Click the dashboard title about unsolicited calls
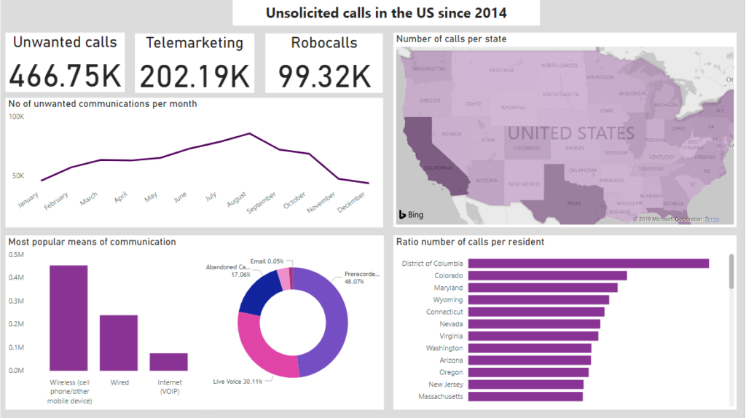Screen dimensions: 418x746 386,13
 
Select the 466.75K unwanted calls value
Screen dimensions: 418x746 65,76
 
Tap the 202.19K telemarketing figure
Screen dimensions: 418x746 195,76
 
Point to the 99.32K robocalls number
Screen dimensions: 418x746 324,76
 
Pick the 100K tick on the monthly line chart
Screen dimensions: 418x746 16,117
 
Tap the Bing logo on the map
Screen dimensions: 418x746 410,214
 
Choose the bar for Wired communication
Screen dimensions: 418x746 119,342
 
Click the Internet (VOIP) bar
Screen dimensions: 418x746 169,361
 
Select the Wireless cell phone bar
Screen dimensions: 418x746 68,318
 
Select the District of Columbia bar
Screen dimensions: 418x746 588,264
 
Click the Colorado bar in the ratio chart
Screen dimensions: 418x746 547,276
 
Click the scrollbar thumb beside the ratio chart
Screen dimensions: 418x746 731,271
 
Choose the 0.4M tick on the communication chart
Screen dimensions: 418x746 16,277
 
